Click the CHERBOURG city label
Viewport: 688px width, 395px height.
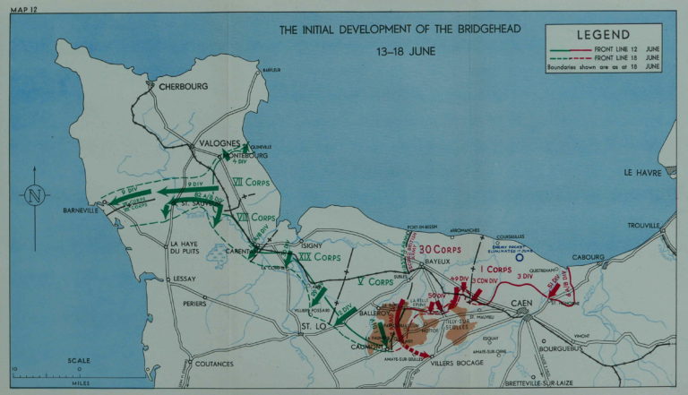(x=183, y=87)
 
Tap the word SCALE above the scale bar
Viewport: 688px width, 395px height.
(x=79, y=361)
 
